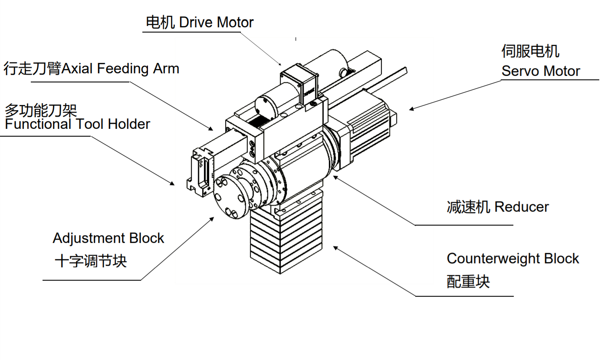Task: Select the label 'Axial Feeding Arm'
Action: tap(121, 69)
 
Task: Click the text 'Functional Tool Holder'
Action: tap(77, 124)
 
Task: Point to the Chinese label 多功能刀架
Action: tap(41, 110)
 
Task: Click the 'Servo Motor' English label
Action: tap(541, 71)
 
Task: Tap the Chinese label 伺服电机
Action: tap(530, 51)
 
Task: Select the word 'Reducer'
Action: tap(522, 207)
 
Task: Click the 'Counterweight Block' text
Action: tap(513, 259)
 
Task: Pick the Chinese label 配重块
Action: tap(468, 281)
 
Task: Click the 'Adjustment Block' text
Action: tap(108, 238)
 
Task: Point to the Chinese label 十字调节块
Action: tap(91, 262)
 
